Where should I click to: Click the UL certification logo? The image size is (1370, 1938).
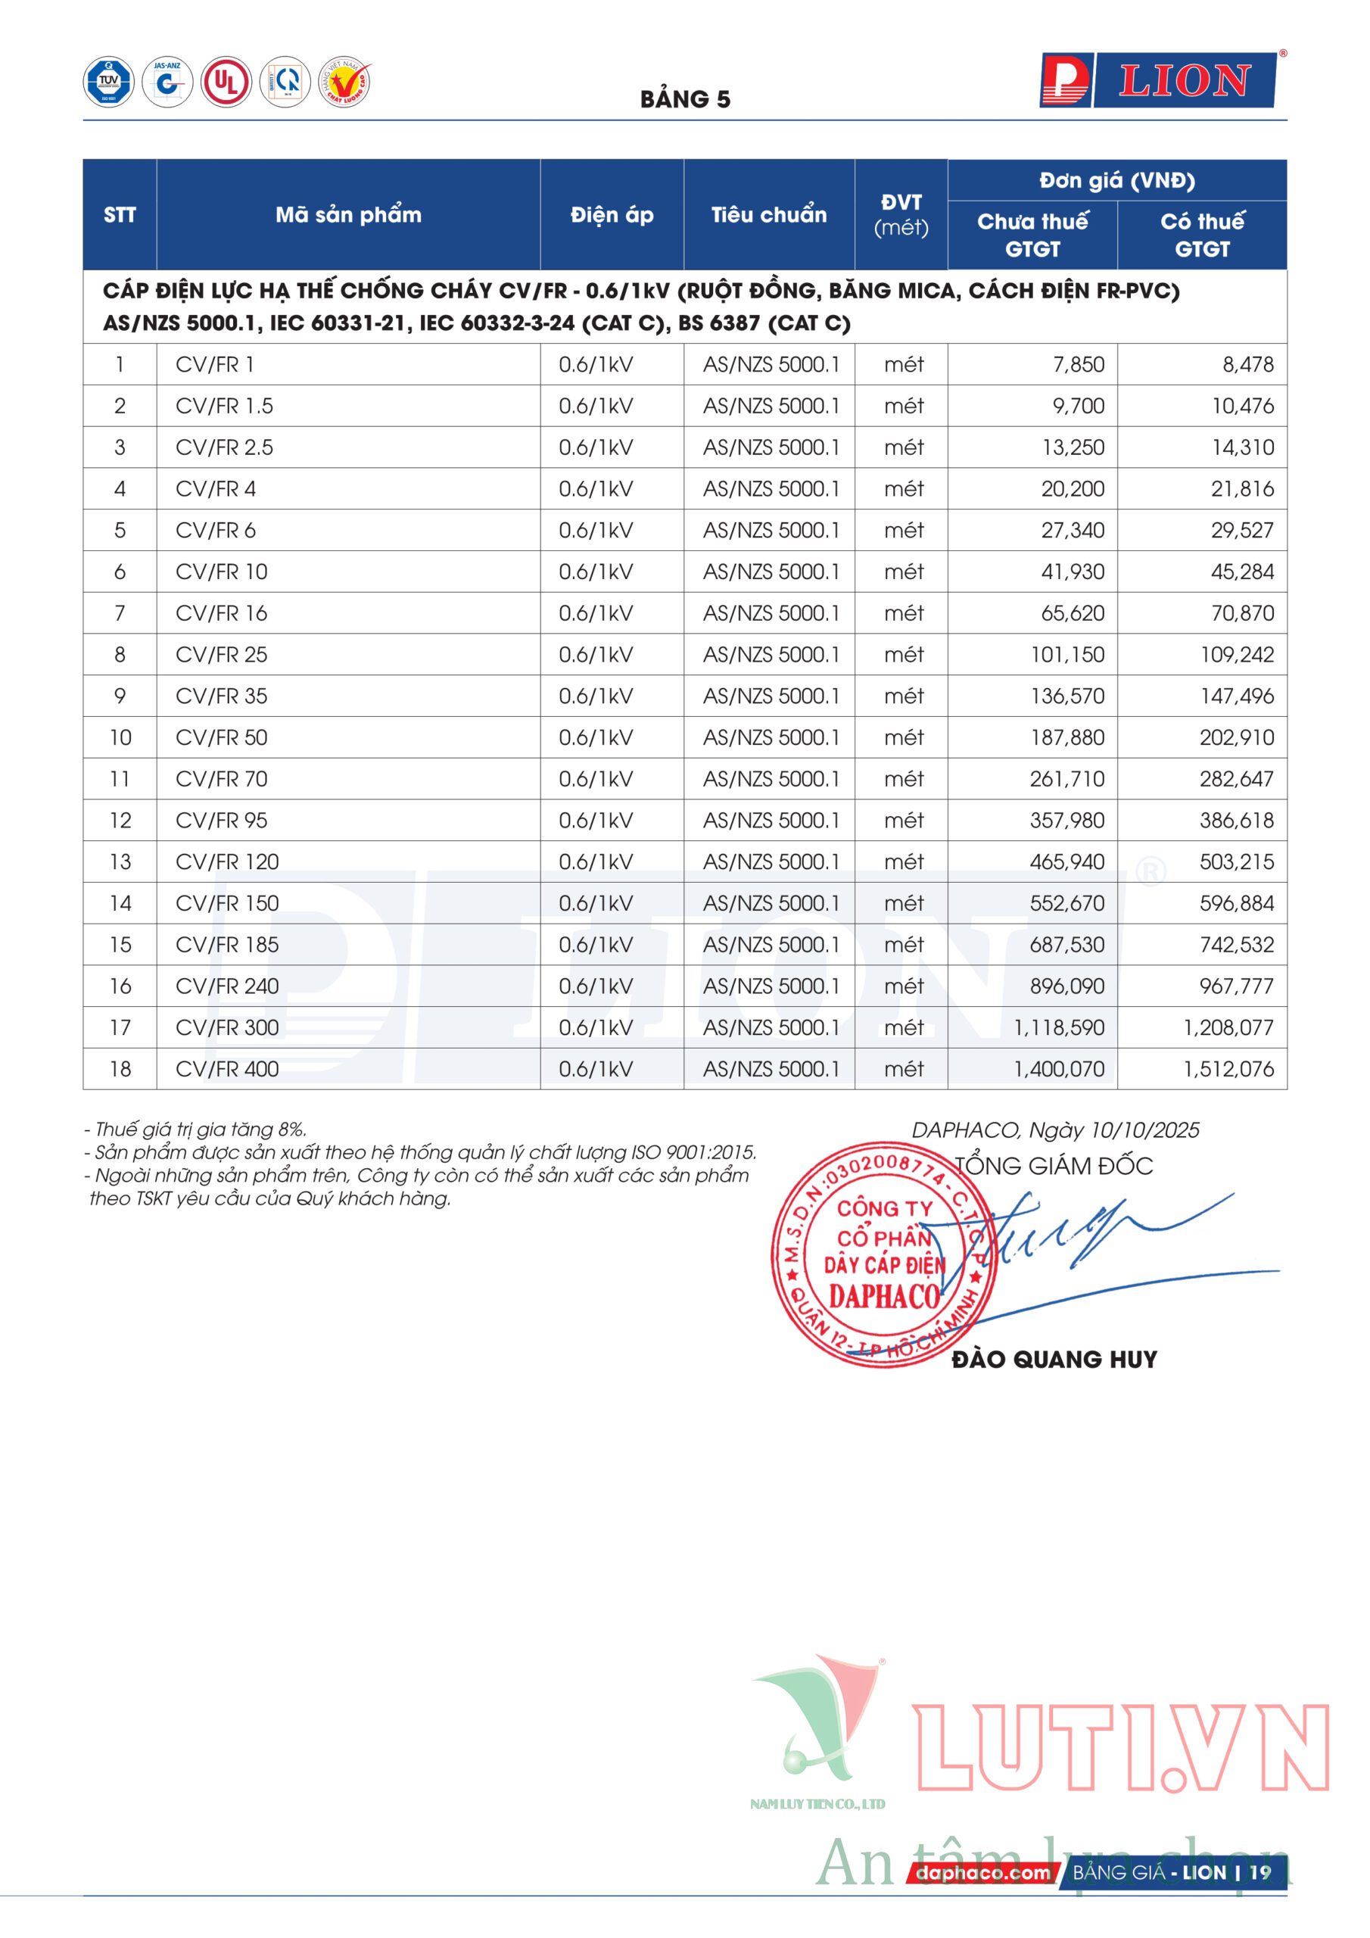(226, 82)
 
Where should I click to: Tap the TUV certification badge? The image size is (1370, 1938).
(108, 82)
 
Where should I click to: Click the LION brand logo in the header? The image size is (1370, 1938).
(1157, 81)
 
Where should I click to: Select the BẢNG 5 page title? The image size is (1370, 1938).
(684, 100)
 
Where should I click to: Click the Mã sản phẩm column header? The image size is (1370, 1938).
(347, 215)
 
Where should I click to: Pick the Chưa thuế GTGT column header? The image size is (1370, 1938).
(1032, 235)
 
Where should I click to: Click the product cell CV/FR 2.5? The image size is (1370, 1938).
(225, 447)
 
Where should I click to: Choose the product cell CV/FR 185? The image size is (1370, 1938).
(227, 945)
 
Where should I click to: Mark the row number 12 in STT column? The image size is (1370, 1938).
(120, 821)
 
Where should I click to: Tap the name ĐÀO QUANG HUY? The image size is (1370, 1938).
(1054, 1359)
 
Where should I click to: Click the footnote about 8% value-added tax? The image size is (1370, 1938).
(196, 1129)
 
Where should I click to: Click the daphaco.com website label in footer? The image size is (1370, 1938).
(982, 1873)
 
